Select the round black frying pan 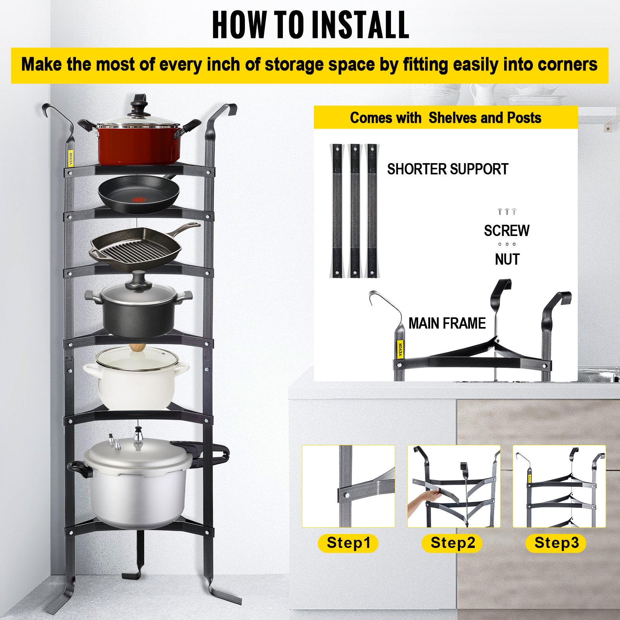(139, 195)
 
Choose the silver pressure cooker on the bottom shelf (138, 484)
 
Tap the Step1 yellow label (348, 543)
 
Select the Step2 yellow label (452, 543)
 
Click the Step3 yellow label (556, 543)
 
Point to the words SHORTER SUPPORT (448, 169)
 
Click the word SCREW (506, 231)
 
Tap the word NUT (507, 260)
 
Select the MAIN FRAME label (447, 323)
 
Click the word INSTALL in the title (360, 25)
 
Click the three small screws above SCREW (506, 212)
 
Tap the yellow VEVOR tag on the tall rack (71, 158)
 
